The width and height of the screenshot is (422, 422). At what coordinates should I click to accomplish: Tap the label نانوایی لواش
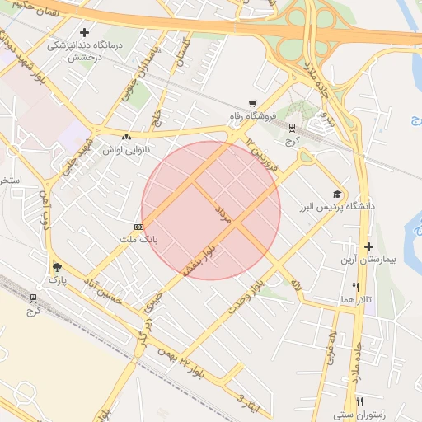[x=125, y=151]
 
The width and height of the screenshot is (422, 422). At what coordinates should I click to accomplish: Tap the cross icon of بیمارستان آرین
[x=368, y=246]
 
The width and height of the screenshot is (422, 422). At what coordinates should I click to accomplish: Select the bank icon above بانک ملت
[x=138, y=227]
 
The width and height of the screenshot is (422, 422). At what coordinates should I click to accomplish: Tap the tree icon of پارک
[x=56, y=267]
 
